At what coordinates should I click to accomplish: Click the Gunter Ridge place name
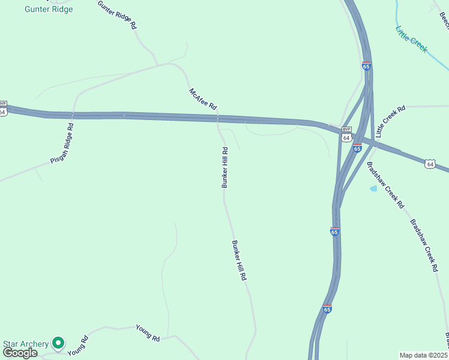click(49, 9)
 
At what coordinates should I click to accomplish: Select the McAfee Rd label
click(203, 98)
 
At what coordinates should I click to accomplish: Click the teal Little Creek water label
click(411, 39)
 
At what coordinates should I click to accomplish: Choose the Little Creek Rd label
click(390, 122)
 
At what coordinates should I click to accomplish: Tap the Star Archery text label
click(26, 344)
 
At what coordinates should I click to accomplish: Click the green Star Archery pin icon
click(58, 343)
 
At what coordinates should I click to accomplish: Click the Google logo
click(19, 352)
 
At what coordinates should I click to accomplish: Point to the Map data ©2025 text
click(423, 355)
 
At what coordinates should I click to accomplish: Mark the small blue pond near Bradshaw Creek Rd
click(373, 188)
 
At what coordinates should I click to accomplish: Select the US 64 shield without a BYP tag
click(430, 163)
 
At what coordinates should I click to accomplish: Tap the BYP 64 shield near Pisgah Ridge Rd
click(3, 109)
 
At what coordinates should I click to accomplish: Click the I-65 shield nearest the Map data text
click(327, 309)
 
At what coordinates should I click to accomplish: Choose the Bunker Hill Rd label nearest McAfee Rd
click(225, 168)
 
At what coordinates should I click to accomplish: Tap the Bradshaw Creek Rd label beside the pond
click(385, 185)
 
